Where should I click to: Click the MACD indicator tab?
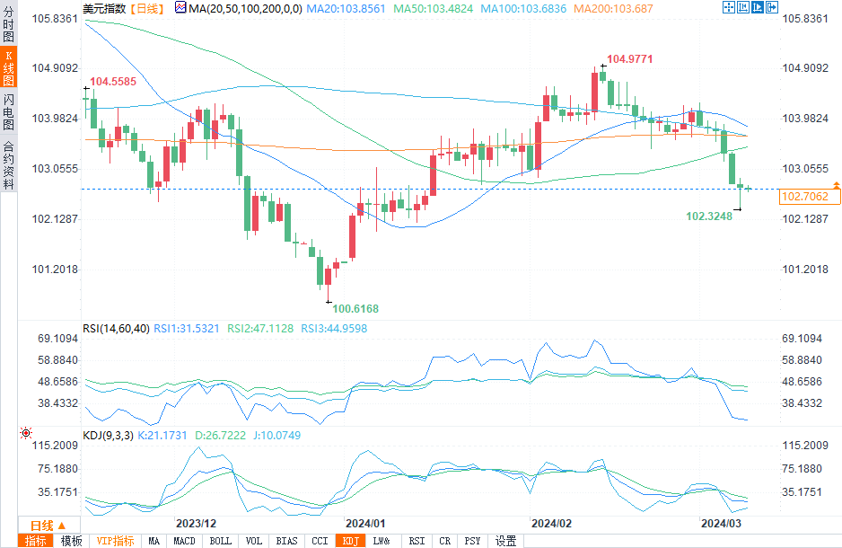point(184,541)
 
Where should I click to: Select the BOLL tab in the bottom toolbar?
point(220,541)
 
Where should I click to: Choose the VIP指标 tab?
point(115,541)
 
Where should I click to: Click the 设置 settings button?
point(505,541)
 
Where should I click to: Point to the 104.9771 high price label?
point(629,59)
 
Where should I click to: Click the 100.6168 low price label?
point(355,308)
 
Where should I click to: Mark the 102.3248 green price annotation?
point(709,216)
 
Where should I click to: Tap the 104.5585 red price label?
point(113,81)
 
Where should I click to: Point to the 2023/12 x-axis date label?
point(196,523)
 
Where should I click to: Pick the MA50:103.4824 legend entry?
point(430,8)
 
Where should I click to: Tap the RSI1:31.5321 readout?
point(189,328)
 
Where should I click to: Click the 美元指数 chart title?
point(103,8)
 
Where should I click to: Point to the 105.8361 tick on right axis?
point(803,19)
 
